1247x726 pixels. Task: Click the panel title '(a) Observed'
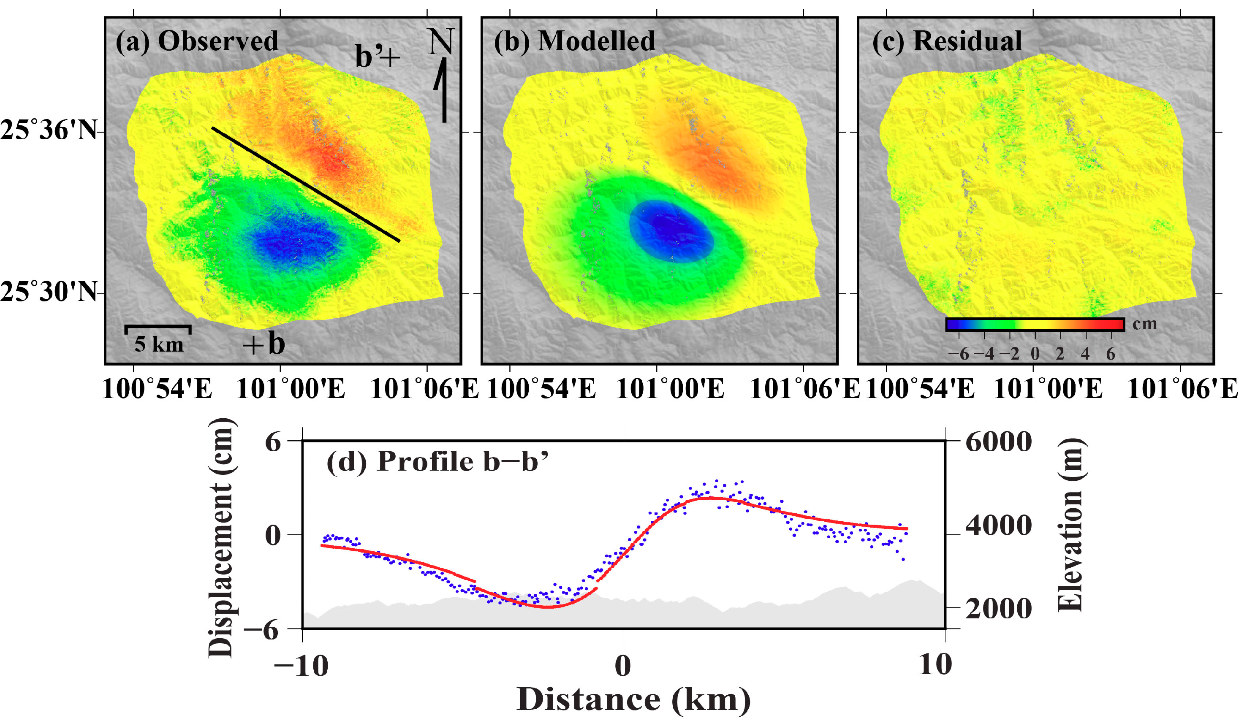pos(197,41)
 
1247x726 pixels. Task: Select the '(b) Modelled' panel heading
pos(574,41)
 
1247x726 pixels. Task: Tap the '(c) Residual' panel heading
pos(947,41)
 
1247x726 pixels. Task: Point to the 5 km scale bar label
pos(159,345)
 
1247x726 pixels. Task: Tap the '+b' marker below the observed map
pos(264,343)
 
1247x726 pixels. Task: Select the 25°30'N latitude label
pos(48,292)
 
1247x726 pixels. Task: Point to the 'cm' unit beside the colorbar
pos(1144,324)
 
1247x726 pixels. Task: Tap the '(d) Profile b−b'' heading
pos(437,463)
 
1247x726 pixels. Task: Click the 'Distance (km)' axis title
pos(633,700)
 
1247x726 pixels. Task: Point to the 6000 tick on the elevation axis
pos(999,442)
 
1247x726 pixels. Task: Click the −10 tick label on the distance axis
pos(301,665)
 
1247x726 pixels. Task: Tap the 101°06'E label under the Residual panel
pos(1183,389)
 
